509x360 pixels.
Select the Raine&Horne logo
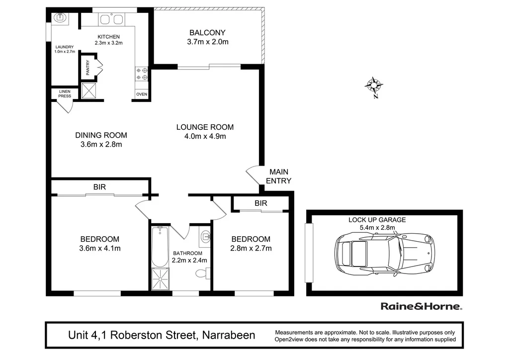(421, 306)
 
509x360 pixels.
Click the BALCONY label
(207, 33)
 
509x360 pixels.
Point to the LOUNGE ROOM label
(205, 127)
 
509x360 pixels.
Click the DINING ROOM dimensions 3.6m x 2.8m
(101, 145)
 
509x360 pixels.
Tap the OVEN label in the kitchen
(141, 94)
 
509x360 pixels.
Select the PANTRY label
(88, 68)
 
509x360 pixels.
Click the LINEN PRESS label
(65, 93)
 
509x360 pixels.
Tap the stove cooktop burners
(141, 74)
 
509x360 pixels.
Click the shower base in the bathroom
(160, 279)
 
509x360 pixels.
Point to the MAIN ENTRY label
(278, 177)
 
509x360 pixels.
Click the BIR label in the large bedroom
(99, 186)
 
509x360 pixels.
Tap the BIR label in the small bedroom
(260, 203)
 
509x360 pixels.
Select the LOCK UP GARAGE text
(377, 220)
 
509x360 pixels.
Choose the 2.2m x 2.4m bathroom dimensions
(189, 260)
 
